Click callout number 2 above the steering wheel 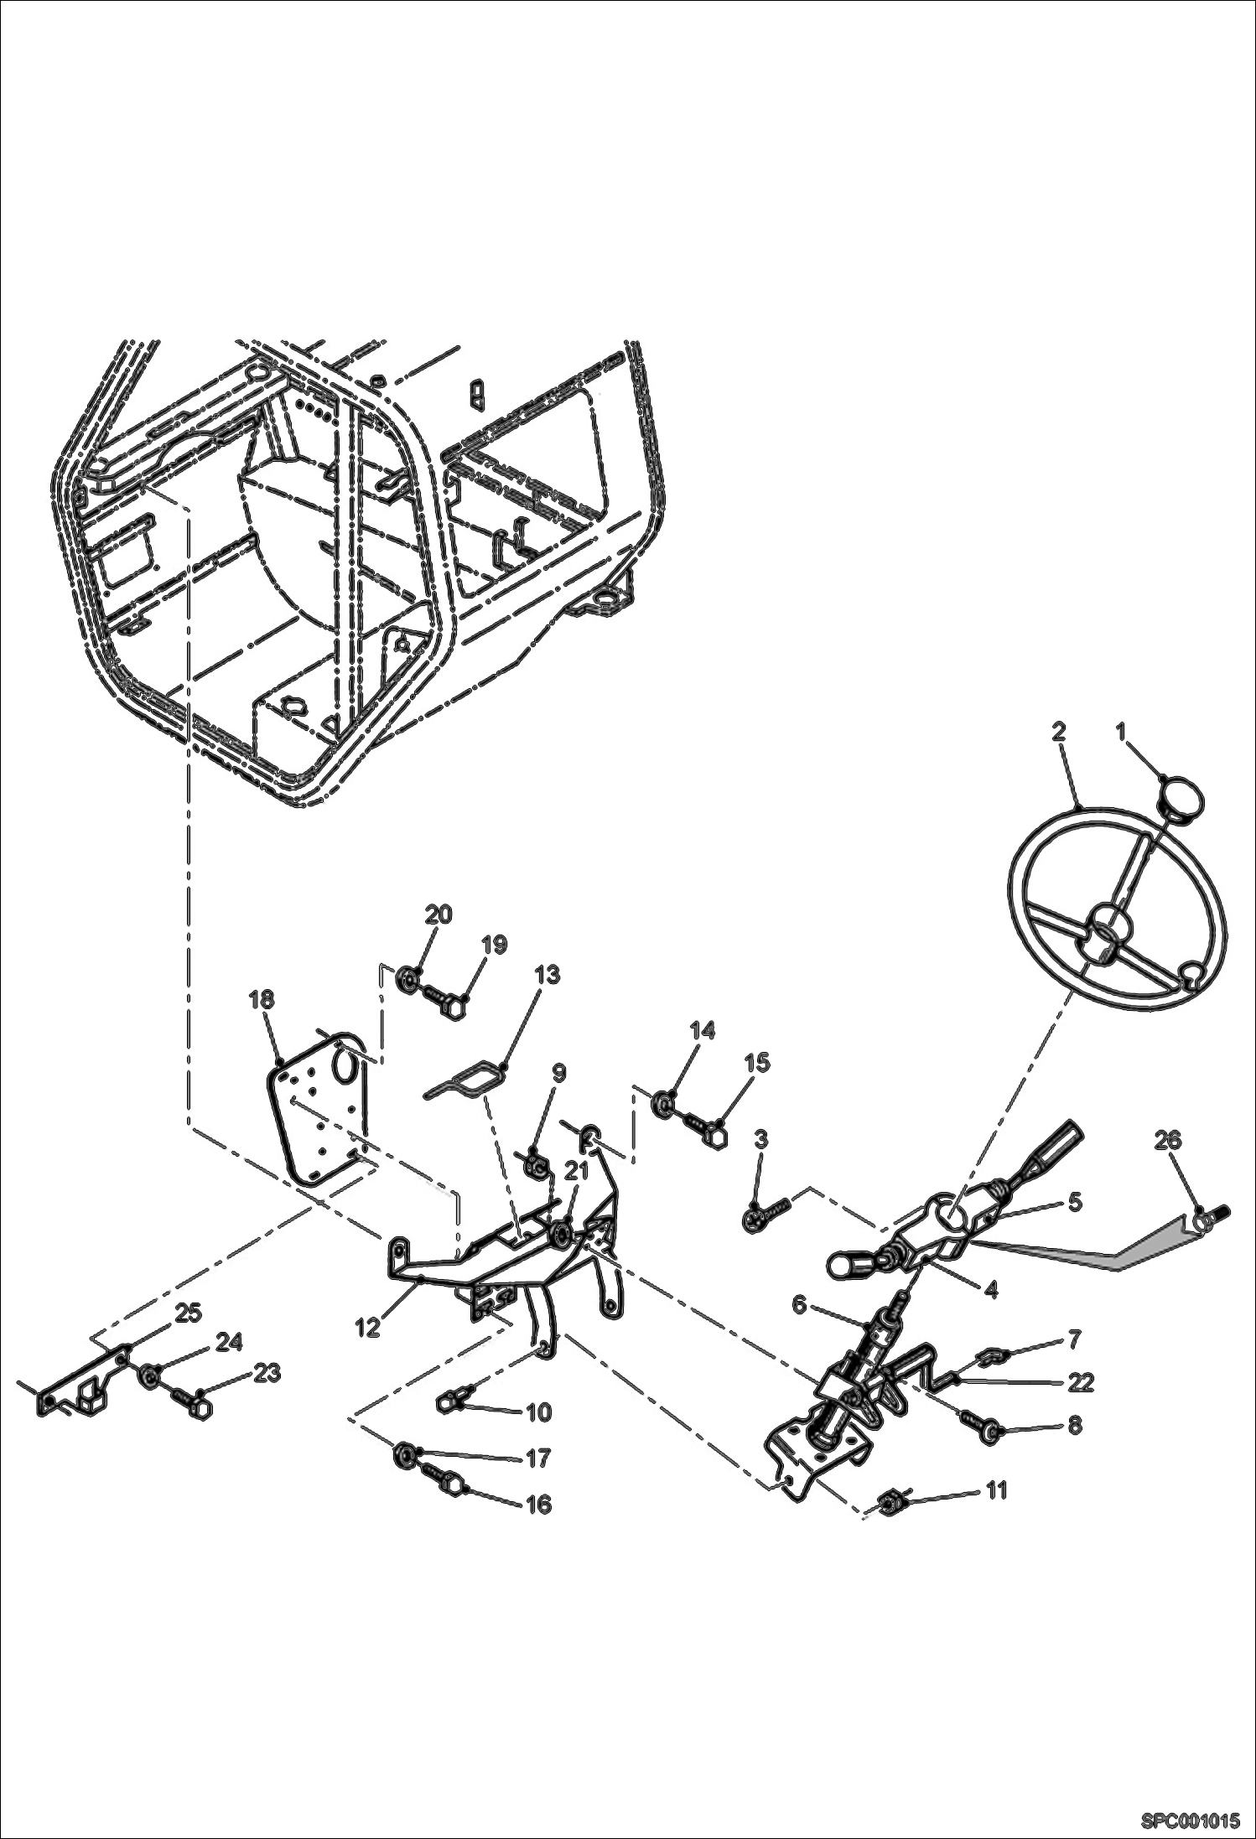pyautogui.click(x=1058, y=731)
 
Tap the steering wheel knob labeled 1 pyautogui.click(x=1182, y=792)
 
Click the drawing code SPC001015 pyautogui.click(x=1189, y=1818)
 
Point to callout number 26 pyautogui.click(x=1168, y=1140)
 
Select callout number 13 pyautogui.click(x=548, y=976)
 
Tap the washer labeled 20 pyautogui.click(x=408, y=977)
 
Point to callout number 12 pyautogui.click(x=368, y=1327)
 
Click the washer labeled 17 pyautogui.click(x=403, y=1454)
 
